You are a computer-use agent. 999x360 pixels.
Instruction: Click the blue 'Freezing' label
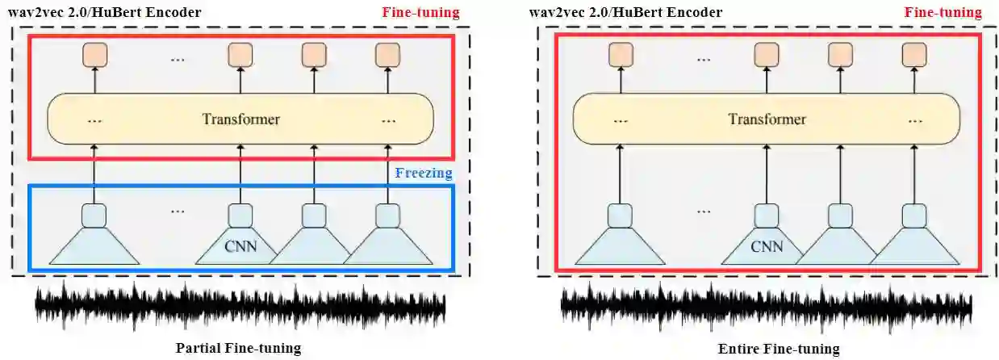(424, 173)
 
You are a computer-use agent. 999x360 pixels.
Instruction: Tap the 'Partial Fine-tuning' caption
(238, 349)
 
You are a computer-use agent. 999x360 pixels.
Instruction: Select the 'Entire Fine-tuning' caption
(778, 349)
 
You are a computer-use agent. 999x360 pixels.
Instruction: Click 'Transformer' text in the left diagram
(240, 119)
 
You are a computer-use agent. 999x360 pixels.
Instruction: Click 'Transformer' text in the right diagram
(767, 119)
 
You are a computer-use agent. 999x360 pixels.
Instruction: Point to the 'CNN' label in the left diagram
(241, 245)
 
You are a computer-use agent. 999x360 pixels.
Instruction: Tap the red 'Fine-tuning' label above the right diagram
(943, 13)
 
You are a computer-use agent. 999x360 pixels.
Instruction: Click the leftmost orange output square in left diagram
(94, 54)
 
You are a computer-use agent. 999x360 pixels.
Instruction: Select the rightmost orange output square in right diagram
(914, 54)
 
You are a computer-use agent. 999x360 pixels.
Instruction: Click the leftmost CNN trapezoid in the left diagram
(94, 246)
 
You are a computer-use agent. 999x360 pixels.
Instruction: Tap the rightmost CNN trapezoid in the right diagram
(914, 246)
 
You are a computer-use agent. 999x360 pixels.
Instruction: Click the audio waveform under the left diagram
(240, 308)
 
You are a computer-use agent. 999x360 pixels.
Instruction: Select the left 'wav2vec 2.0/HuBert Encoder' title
(105, 13)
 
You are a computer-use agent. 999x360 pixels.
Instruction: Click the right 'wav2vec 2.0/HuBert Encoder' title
(626, 13)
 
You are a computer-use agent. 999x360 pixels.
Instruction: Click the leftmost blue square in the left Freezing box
(94, 216)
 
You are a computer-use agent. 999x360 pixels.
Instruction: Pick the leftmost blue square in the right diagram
(620, 216)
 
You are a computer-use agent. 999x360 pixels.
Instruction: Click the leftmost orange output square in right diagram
(620, 54)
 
